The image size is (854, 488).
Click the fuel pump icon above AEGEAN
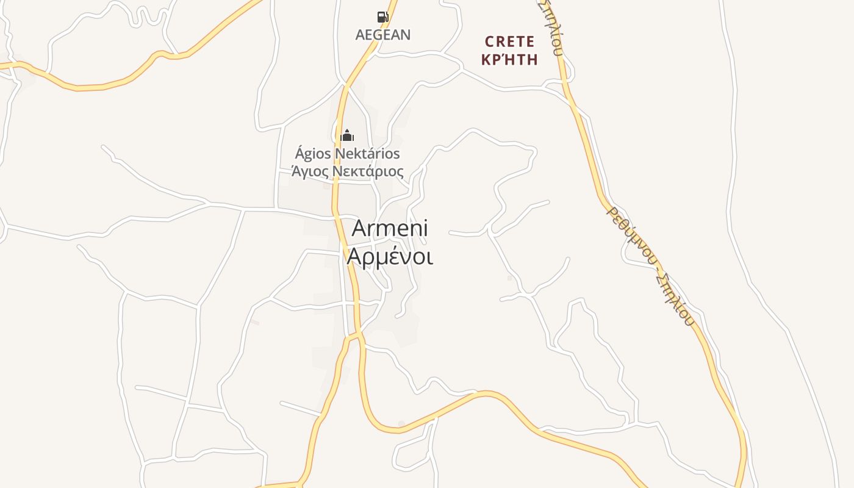click(382, 17)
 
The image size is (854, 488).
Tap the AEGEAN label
click(383, 35)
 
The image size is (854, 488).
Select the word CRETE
click(509, 42)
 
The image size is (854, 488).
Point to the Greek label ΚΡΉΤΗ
click(509, 60)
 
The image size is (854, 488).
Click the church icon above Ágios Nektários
click(347, 135)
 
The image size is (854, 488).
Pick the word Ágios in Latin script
click(313, 154)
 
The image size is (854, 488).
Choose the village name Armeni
click(390, 229)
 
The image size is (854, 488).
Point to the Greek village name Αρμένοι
click(390, 257)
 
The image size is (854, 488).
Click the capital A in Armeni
click(361, 229)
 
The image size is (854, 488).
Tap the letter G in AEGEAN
click(379, 35)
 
